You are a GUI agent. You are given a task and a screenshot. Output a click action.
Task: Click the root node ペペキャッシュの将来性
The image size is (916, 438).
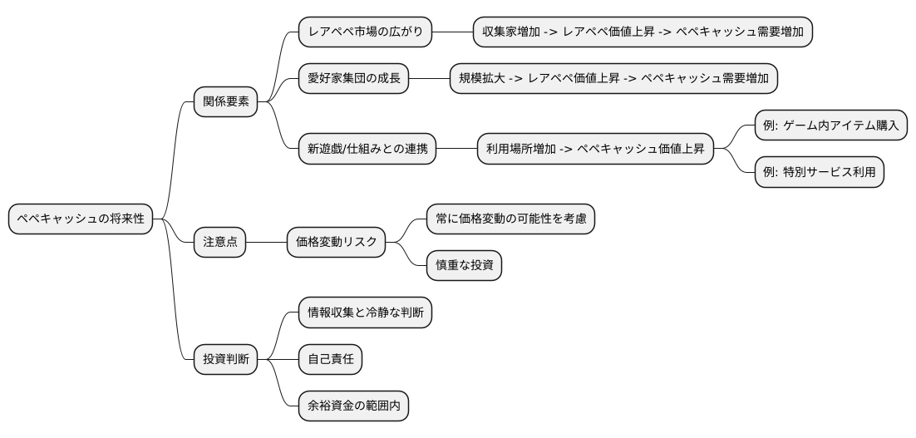tap(81, 219)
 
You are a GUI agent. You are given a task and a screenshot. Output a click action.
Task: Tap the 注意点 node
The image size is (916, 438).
tap(219, 243)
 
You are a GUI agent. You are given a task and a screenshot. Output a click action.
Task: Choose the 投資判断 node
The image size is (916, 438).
tap(225, 360)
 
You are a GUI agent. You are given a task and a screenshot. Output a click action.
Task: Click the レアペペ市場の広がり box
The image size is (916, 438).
tap(366, 32)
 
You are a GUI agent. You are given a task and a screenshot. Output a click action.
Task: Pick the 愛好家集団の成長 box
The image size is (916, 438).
tap(354, 79)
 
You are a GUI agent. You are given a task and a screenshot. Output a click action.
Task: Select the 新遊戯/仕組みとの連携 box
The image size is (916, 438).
tap(367, 150)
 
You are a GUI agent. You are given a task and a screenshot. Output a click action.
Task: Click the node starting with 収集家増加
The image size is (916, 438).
tap(642, 32)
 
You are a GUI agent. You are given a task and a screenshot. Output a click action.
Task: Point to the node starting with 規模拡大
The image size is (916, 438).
tap(613, 79)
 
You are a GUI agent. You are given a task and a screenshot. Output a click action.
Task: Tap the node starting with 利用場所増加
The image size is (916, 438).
tap(595, 150)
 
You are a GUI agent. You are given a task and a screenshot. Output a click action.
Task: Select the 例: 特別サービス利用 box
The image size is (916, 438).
tap(819, 173)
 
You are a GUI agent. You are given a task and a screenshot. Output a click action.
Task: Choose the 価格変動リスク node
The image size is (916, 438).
tap(337, 243)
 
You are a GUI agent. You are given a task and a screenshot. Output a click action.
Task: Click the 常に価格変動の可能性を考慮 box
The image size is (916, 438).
tap(510, 219)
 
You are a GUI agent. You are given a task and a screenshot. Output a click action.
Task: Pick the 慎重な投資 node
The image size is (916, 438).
tap(464, 266)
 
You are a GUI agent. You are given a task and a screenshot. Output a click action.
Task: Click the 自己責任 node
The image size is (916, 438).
tap(331, 360)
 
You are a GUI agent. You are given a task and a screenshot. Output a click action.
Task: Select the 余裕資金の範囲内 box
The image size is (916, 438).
tap(354, 407)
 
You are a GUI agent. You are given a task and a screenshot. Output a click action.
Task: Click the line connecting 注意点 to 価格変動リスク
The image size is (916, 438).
tap(266, 243)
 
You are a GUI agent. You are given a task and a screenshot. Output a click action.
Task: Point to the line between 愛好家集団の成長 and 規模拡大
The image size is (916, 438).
tap(429, 79)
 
